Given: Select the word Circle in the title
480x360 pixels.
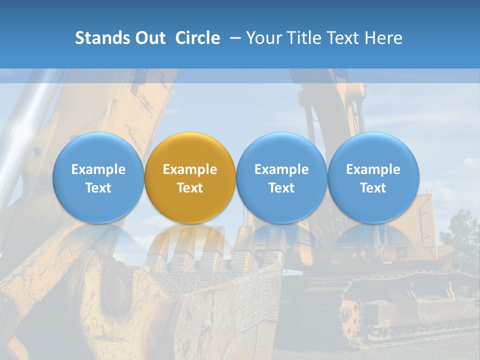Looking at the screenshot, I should click(197, 38).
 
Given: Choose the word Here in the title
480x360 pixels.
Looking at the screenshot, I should click(385, 38).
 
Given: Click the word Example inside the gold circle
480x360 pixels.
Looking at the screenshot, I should click(190, 169).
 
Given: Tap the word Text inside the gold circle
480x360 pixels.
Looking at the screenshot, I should click(190, 188).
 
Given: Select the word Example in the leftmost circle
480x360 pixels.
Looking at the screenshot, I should click(98, 169).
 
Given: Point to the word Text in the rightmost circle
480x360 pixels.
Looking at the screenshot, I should click(373, 188).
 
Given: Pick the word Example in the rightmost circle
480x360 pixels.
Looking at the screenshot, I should click(373, 169).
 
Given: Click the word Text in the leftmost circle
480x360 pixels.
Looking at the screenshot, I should click(98, 188).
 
